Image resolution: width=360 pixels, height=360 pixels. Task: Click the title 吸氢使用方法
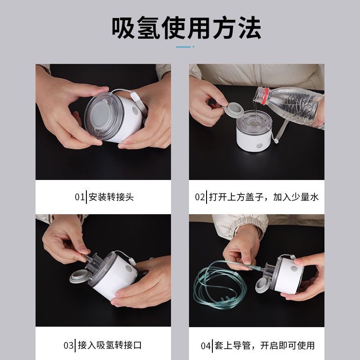point(186,27)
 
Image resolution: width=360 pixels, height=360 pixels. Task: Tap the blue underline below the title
point(185,47)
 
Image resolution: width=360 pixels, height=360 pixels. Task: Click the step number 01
point(80,197)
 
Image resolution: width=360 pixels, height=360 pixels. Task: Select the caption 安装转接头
point(111,197)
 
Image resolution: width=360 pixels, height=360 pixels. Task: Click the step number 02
point(200,197)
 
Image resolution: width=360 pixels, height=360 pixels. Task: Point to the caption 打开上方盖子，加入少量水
point(264,197)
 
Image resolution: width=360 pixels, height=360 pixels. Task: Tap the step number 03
point(68,345)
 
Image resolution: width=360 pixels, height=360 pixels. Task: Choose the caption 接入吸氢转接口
point(110,345)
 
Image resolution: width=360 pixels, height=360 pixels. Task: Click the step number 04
point(206,346)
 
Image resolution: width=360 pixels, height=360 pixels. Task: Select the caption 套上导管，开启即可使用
point(265,345)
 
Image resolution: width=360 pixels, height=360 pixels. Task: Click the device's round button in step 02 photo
point(260,146)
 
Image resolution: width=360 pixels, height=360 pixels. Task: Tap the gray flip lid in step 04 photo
point(264,285)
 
